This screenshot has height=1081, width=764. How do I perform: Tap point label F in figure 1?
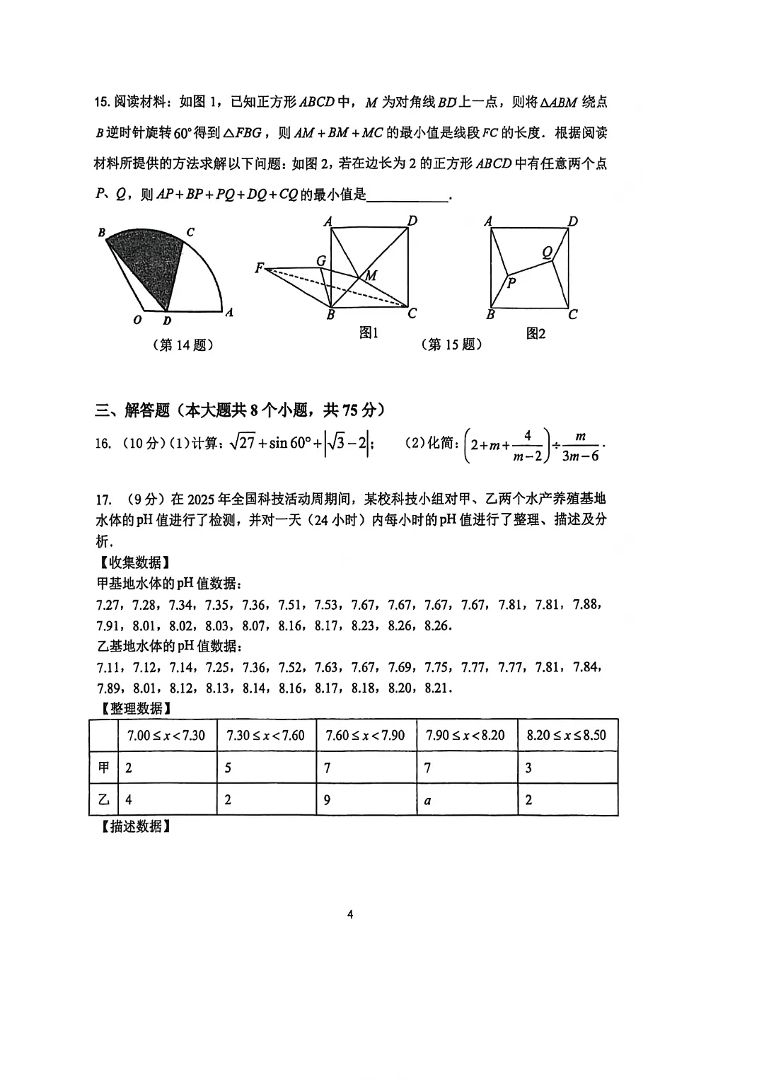(260, 268)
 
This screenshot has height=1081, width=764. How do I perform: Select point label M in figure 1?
(371, 275)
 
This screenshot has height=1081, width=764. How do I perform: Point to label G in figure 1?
(321, 261)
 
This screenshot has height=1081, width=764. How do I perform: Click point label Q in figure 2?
(547, 252)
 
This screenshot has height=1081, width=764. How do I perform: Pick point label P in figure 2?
(511, 283)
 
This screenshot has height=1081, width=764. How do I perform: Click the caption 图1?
(369, 333)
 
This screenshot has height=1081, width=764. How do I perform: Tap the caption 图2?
(536, 333)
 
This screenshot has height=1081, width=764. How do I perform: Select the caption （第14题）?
(183, 345)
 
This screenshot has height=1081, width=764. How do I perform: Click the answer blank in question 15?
(408, 195)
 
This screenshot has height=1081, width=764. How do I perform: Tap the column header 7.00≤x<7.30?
(166, 735)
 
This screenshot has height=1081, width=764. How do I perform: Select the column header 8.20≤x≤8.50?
(567, 735)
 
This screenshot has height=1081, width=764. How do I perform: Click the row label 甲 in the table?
(104, 768)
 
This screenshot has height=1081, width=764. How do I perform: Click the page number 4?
(350, 914)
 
